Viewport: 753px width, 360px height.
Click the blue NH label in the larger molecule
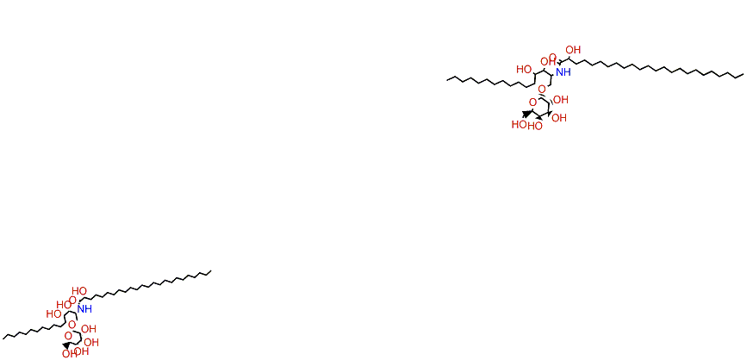(x=563, y=72)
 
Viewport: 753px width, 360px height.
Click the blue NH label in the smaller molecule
(x=84, y=308)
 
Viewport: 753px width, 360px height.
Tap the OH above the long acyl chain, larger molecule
(x=573, y=51)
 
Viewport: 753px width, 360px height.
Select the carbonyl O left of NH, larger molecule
(x=552, y=57)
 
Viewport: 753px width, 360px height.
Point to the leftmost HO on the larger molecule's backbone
(x=523, y=69)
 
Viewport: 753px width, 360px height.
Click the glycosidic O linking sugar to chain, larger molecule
(x=540, y=88)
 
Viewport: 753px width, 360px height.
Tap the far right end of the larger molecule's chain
(x=742, y=75)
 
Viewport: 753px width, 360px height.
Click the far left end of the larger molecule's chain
(x=447, y=78)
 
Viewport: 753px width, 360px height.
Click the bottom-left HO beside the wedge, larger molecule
(x=519, y=125)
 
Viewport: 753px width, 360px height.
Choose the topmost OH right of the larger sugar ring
(x=561, y=100)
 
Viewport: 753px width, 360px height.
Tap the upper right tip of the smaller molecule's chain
(x=210, y=272)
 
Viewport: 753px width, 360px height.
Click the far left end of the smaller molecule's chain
(x=4, y=336)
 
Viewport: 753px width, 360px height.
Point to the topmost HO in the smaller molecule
(x=79, y=291)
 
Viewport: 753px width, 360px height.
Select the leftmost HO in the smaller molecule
(x=53, y=314)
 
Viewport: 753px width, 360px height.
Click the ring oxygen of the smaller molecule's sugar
(x=72, y=337)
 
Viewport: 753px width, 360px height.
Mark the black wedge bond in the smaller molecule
(x=67, y=346)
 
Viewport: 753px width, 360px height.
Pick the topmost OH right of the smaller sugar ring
(x=88, y=329)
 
